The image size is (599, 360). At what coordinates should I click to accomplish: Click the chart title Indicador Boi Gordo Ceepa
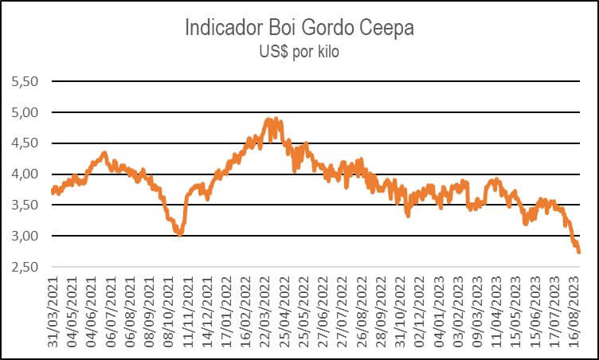(299, 28)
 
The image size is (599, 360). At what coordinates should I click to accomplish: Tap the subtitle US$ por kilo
(299, 52)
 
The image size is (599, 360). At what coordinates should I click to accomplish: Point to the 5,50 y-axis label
(25, 81)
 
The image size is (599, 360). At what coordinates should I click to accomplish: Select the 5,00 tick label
(25, 112)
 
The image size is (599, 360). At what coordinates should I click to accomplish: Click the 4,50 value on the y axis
(25, 143)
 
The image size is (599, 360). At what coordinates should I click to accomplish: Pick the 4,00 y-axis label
(25, 174)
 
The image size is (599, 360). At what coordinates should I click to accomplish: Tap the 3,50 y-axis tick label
(25, 205)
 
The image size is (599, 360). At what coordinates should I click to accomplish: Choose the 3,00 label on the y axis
(25, 236)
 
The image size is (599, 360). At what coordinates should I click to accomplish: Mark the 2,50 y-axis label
(25, 267)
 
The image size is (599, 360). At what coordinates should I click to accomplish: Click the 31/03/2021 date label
(53, 312)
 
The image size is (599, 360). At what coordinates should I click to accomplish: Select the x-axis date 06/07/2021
(111, 312)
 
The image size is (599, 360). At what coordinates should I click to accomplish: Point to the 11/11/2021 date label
(188, 312)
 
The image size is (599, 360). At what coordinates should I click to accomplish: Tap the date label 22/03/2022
(265, 312)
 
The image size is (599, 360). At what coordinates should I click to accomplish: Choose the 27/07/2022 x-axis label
(343, 312)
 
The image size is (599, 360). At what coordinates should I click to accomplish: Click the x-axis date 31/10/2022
(401, 312)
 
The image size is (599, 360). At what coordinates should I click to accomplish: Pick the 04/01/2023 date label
(439, 312)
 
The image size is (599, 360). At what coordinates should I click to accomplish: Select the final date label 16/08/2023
(574, 312)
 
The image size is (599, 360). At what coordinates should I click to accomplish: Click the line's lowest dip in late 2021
(180, 235)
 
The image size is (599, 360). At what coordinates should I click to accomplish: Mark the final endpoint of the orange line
(579, 252)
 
